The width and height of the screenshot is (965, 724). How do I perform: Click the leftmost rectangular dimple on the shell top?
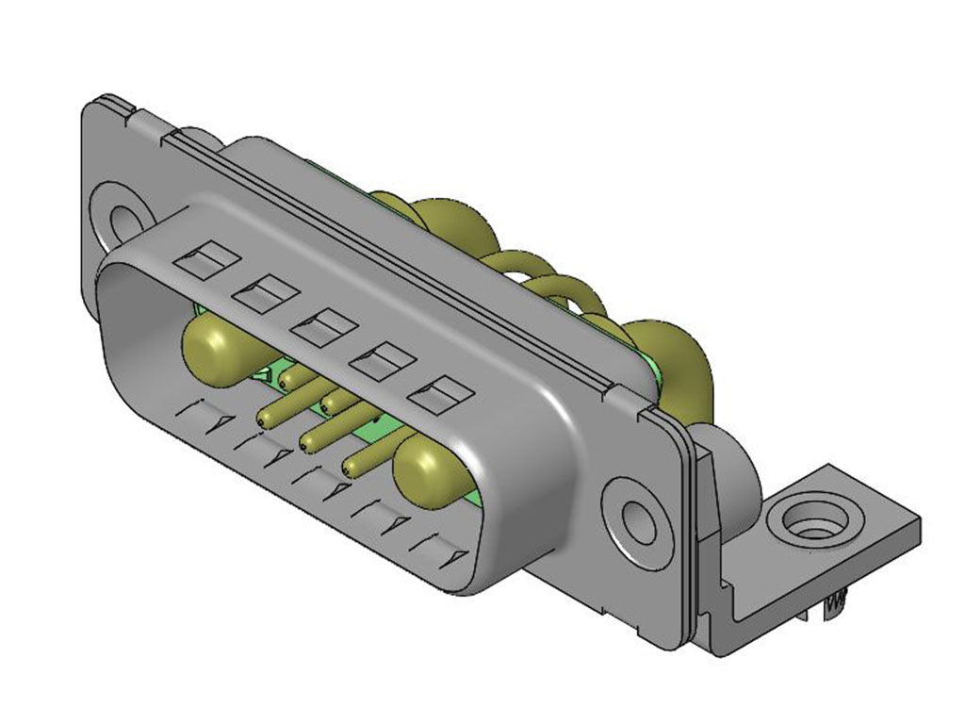click(205, 261)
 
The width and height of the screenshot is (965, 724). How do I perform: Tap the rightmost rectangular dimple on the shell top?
click(440, 394)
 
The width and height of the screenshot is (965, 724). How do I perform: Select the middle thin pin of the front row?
click(308, 440)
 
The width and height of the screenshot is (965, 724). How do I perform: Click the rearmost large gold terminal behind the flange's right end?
click(669, 349)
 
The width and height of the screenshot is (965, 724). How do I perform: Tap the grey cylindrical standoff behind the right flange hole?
click(740, 471)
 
